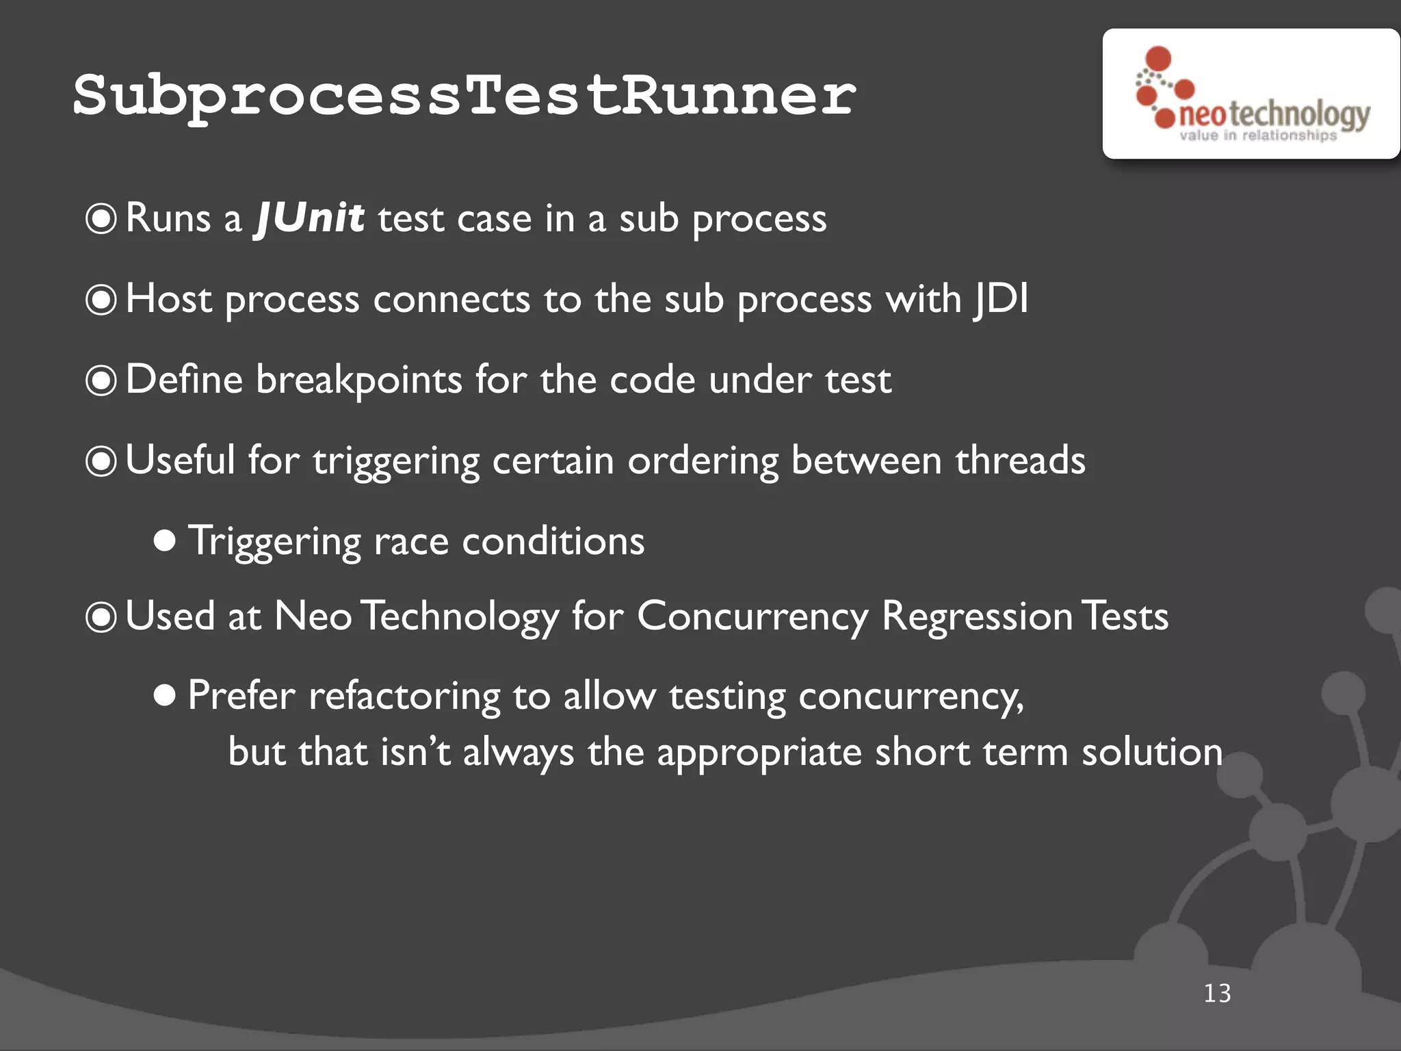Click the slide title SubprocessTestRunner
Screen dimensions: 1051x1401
click(x=464, y=96)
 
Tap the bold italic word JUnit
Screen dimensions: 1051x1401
click(x=310, y=219)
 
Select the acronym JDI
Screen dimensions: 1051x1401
click(x=1001, y=300)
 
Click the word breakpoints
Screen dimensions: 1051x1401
click(x=358, y=380)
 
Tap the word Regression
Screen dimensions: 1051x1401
click(x=976, y=617)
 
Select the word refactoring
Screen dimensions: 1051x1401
click(x=404, y=697)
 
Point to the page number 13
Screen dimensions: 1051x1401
click(x=1217, y=994)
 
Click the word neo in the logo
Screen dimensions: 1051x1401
click(x=1202, y=114)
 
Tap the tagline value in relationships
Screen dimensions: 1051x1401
click(x=1257, y=135)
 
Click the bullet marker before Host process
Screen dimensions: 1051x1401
click(x=101, y=300)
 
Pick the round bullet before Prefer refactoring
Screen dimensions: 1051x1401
click(x=164, y=696)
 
